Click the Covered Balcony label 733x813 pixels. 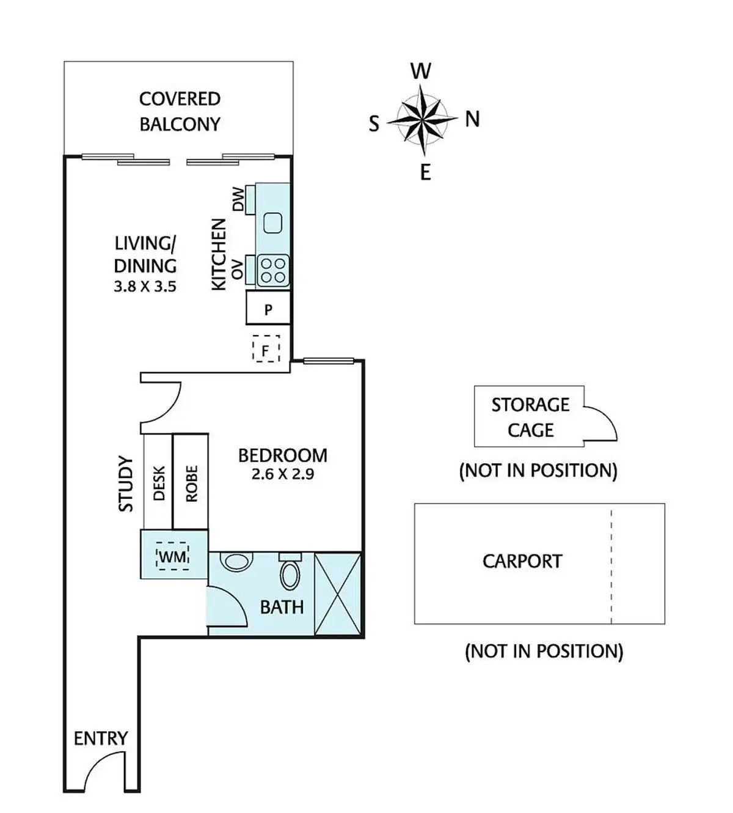(x=180, y=111)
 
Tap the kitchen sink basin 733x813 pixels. (x=273, y=223)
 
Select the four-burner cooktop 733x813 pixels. (x=272, y=270)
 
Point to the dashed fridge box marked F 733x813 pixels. (x=266, y=348)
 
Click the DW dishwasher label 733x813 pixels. (x=238, y=199)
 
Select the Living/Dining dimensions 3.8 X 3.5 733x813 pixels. (x=145, y=287)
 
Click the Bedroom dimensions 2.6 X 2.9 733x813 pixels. (x=283, y=474)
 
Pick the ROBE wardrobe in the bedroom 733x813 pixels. (x=191, y=481)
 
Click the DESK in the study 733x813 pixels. (x=158, y=481)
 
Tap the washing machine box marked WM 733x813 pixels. (x=173, y=556)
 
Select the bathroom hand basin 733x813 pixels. (x=235, y=561)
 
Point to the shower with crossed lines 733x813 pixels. (x=338, y=594)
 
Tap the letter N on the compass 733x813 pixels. (x=472, y=119)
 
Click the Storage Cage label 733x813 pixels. (x=531, y=418)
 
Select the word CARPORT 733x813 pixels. (x=522, y=561)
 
